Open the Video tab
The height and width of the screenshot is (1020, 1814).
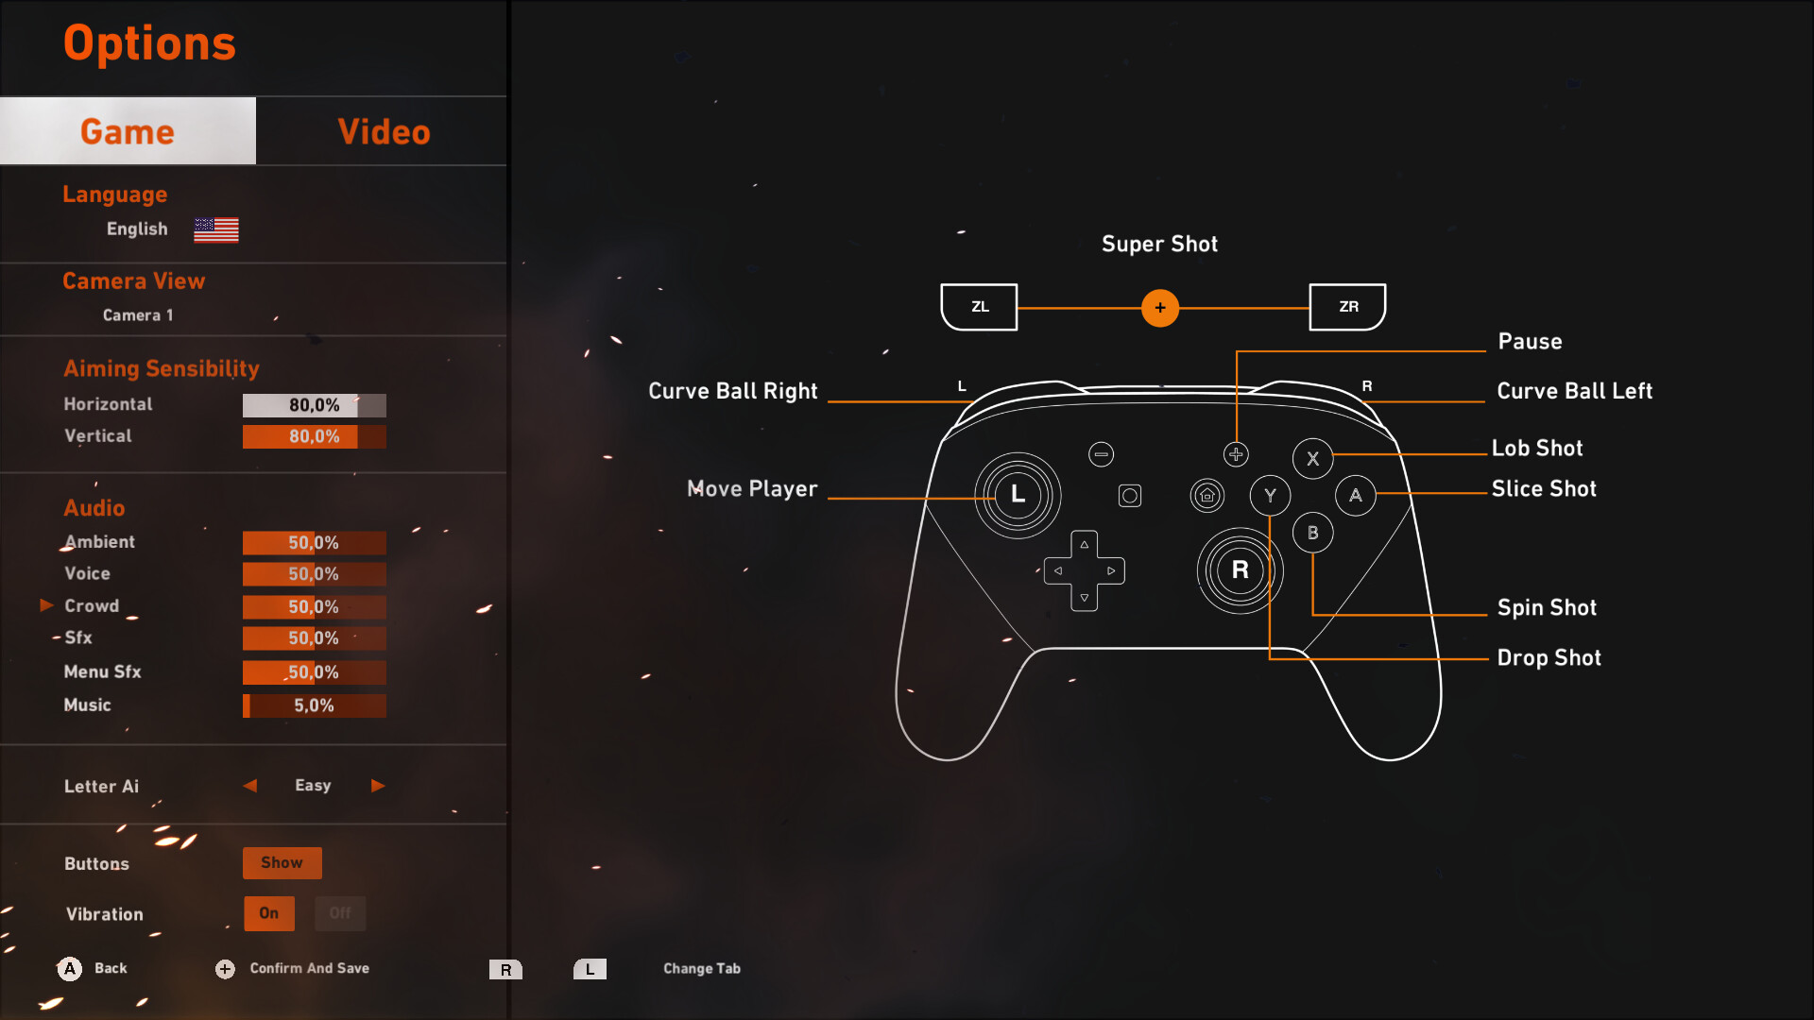point(384,131)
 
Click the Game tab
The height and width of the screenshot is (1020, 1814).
point(128,131)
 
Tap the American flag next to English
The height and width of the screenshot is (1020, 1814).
point(216,229)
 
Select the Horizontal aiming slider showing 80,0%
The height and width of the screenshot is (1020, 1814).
point(314,405)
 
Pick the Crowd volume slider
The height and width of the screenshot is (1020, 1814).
point(314,606)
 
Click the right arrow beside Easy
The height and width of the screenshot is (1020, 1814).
point(378,786)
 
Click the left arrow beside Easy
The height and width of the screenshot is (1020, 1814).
point(250,786)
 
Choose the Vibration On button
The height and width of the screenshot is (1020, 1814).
point(269,913)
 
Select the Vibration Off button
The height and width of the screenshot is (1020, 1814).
point(340,913)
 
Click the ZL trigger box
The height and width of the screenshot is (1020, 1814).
point(980,307)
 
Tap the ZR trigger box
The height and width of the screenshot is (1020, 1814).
point(1348,307)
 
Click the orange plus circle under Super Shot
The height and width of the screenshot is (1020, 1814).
point(1160,308)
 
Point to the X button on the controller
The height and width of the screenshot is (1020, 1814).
point(1312,459)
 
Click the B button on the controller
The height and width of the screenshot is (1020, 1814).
point(1312,533)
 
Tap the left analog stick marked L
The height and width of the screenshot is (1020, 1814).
point(1018,495)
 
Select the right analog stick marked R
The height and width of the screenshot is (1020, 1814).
point(1240,570)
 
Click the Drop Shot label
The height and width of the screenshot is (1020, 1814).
point(1549,657)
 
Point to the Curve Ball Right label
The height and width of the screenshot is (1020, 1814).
point(733,391)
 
